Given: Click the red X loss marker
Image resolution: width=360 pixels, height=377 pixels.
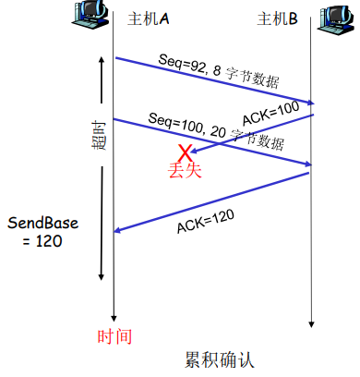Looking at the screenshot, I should click(x=186, y=152).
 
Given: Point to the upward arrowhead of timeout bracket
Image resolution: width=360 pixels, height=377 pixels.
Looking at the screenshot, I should click(x=100, y=64).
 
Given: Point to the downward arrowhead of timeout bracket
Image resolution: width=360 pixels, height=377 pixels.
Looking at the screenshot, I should click(x=100, y=277).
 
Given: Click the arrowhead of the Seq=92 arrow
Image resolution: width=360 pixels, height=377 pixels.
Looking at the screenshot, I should click(x=310, y=103).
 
